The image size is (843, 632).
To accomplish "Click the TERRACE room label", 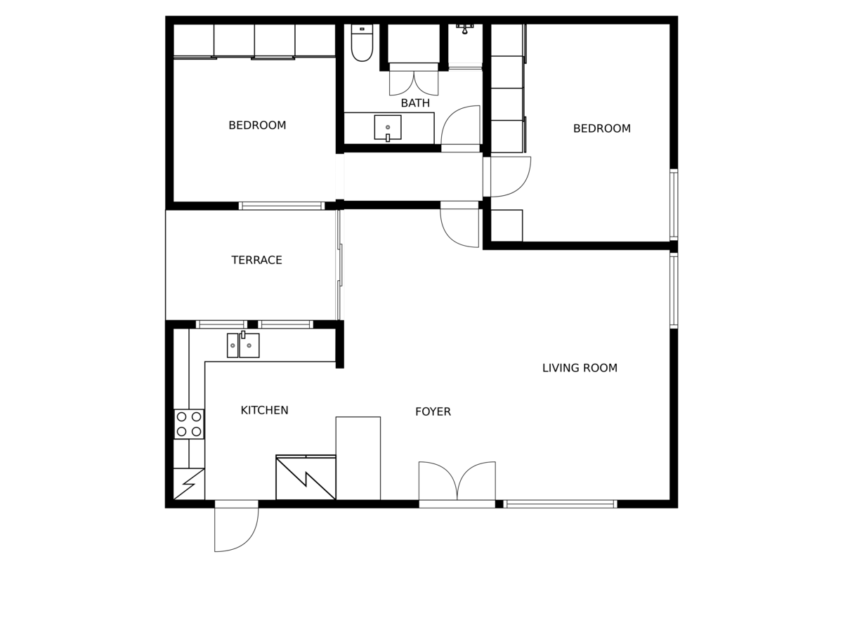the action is point(256,260).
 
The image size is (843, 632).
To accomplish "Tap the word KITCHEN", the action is point(264,410).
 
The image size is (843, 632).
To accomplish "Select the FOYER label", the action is point(433,412).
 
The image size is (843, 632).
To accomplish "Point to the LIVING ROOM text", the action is point(580,368).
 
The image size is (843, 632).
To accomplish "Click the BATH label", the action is point(414,103).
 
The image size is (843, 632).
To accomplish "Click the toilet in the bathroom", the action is point(362,43).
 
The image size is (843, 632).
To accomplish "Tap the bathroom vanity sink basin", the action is point(388,127).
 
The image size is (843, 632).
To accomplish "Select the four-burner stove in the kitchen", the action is point(189,424).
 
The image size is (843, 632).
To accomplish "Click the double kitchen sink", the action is point(243,345).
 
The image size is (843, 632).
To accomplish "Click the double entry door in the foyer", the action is point(457,485).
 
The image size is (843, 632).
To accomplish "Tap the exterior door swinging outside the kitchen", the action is point(236,526).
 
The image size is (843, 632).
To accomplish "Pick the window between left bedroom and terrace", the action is point(282,206).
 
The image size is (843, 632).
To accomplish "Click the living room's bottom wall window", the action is point(560,503).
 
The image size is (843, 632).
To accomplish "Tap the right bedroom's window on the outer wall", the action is point(674,205).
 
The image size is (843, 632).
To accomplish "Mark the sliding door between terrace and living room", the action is point(339,265).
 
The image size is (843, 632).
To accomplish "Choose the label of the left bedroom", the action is point(257,126).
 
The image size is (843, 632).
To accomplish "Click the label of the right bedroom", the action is point(602,129).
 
